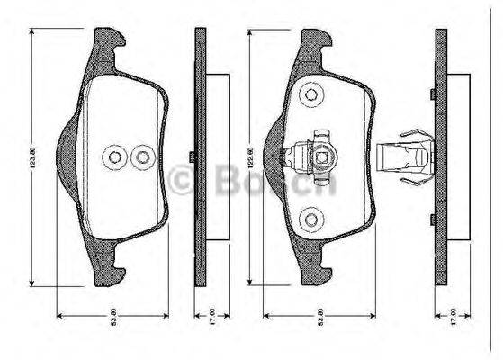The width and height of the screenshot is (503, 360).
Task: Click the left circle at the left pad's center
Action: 115,158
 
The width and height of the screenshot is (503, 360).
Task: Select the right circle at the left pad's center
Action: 141,158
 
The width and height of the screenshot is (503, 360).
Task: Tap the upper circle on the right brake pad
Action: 311,94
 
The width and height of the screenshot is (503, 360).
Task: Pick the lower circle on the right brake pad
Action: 311,217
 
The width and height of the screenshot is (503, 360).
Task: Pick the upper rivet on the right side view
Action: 433,94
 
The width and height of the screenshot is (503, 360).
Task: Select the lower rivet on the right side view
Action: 433,219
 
